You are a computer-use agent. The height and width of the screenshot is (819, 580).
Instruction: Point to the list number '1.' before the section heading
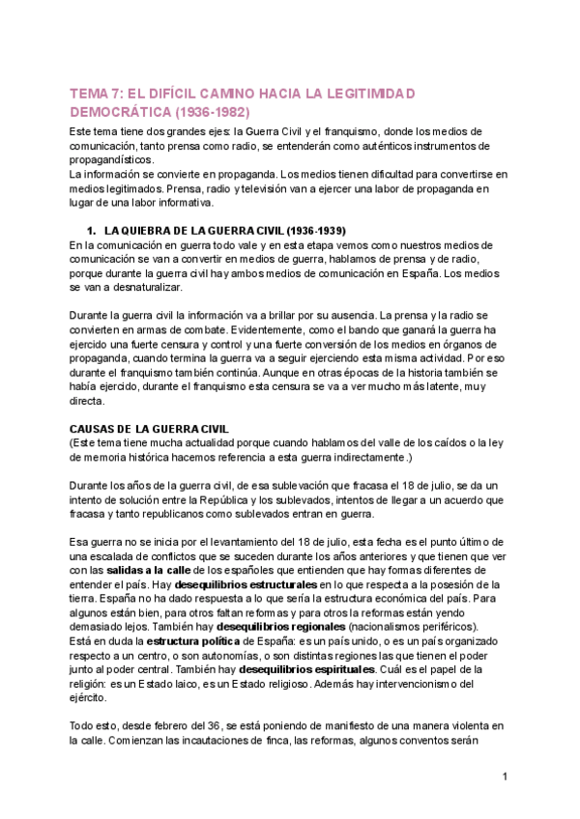coord(93,233)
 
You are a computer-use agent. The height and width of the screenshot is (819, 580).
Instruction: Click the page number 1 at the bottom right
coord(506,777)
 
